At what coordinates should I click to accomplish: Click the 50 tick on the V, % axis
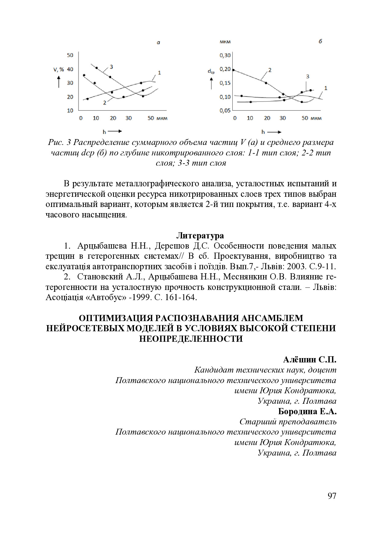pyautogui.click(x=70, y=55)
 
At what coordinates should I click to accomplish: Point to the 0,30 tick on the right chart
pyautogui.click(x=225, y=55)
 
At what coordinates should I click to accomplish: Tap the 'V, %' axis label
pyautogui.click(x=59, y=69)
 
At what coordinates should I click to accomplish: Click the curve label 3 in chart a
pyautogui.click(x=111, y=67)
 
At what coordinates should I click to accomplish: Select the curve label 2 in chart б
pyautogui.click(x=270, y=70)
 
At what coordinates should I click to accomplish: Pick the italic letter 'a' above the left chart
pyautogui.click(x=158, y=43)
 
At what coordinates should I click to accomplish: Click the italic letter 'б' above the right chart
pyautogui.click(x=320, y=41)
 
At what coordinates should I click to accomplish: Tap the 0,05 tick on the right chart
pyautogui.click(x=225, y=110)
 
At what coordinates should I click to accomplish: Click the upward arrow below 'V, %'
pyautogui.click(x=59, y=82)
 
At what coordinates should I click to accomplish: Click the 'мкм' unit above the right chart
pyautogui.click(x=225, y=42)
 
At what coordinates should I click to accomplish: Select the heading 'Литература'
pyautogui.click(x=200, y=236)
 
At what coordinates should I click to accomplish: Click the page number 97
pyautogui.click(x=332, y=496)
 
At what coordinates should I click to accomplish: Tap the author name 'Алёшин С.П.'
pyautogui.click(x=310, y=360)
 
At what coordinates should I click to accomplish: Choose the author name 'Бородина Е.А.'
pyautogui.click(x=307, y=411)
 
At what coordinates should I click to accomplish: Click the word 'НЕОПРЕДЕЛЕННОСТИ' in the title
pyautogui.click(x=191, y=339)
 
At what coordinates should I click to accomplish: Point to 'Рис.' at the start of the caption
pyautogui.click(x=56, y=142)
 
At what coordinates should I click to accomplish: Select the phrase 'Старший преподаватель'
pyautogui.click(x=288, y=422)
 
